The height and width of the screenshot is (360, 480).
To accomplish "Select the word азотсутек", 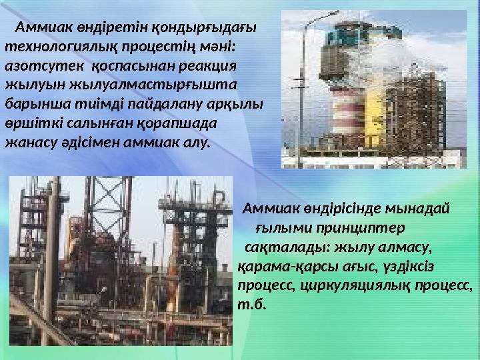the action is click(45, 66).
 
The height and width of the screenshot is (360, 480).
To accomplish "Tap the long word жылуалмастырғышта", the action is click(153, 85).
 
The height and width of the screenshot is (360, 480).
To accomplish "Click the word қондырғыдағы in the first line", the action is click(204, 28).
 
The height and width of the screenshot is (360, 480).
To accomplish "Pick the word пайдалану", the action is click(165, 105).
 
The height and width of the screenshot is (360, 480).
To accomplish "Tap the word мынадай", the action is click(417, 209).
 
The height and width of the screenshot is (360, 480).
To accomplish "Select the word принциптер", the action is click(361, 229).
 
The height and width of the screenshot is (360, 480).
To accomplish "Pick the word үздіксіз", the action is click(409, 267).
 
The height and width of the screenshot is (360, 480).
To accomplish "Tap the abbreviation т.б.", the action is click(251, 305).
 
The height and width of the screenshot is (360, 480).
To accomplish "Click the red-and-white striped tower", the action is click(348, 111).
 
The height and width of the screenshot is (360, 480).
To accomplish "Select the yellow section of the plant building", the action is click(375, 116).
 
